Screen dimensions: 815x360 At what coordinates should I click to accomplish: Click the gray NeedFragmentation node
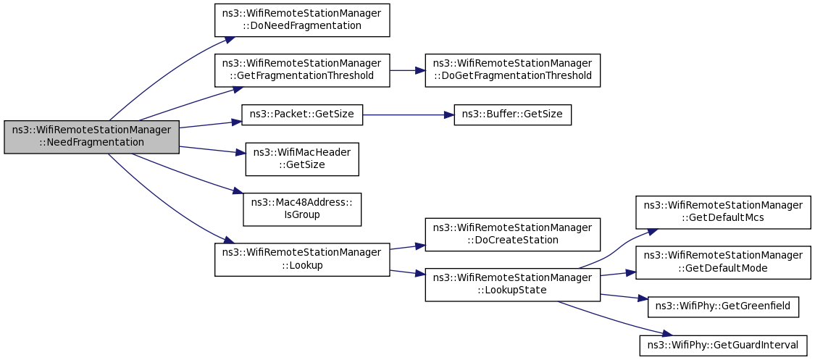tap(91, 137)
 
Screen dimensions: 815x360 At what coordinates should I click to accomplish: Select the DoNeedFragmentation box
tap(302, 20)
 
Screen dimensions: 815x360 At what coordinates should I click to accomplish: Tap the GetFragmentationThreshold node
tap(302, 70)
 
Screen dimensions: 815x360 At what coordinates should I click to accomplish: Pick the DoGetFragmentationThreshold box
tap(512, 70)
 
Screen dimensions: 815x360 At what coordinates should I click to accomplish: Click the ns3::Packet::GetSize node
tap(302, 114)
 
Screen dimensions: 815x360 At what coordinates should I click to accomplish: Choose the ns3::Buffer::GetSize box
tap(512, 114)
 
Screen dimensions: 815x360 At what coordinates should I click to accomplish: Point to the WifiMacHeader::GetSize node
tap(302, 159)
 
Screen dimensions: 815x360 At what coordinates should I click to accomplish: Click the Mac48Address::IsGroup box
tap(302, 209)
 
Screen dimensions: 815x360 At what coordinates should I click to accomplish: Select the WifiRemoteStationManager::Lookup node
tap(302, 260)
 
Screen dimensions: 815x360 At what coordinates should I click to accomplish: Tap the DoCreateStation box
tap(512, 235)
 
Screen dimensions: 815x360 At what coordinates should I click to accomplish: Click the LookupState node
tap(512, 285)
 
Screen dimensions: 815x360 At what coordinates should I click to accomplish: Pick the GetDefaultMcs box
tap(723, 212)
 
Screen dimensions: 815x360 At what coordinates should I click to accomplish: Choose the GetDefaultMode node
tap(723, 263)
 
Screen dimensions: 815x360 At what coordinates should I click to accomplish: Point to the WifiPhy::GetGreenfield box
tap(723, 307)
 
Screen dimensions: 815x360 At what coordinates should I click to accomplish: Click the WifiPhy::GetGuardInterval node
tap(723, 346)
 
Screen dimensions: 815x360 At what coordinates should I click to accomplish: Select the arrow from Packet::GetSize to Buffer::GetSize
tap(409, 114)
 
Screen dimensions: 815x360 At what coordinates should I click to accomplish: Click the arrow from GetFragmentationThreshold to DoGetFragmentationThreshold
tap(407, 70)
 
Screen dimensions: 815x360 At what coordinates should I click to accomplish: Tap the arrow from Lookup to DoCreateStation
tap(407, 247)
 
